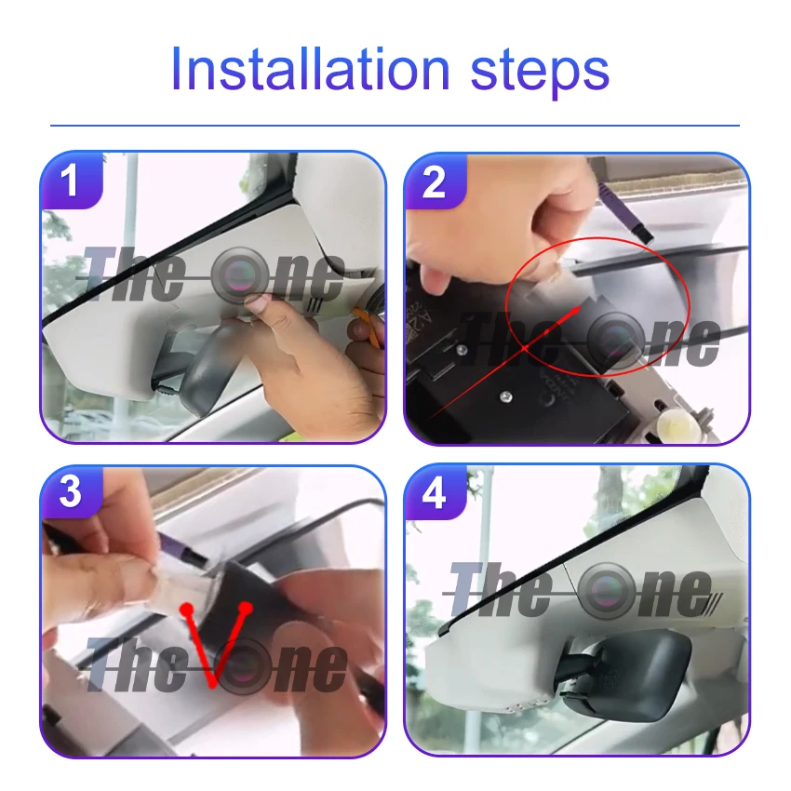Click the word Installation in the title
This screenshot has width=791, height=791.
pos(310,69)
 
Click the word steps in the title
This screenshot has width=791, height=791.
pos(540,74)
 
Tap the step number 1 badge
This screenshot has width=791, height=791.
pos(71,181)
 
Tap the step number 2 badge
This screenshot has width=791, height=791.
pos(435,181)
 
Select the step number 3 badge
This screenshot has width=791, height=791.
pos(71,492)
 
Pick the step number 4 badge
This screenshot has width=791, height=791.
pos(435,492)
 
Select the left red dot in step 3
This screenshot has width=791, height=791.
pos(187,609)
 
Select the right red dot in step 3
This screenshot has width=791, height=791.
pos(246,608)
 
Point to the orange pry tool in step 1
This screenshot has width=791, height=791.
pos(369,327)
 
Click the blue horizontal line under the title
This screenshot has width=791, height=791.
pos(395,125)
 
